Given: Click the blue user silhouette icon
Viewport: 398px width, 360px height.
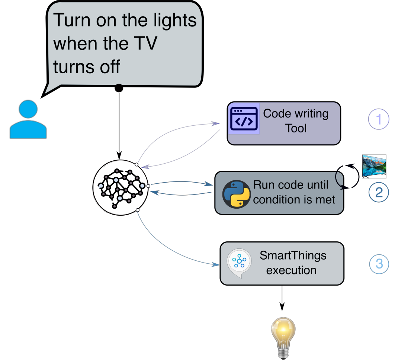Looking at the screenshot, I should tap(28, 120).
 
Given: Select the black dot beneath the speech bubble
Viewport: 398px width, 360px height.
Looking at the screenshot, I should tap(119, 88).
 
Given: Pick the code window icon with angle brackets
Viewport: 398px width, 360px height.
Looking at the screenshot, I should tap(244, 119).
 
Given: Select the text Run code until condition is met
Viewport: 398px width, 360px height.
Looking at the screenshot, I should tap(294, 192).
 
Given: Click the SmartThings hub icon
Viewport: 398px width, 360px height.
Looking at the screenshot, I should tap(237, 261).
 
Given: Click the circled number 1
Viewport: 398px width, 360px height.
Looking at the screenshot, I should tap(378, 120).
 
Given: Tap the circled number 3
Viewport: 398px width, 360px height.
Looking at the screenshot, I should tap(378, 264).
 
